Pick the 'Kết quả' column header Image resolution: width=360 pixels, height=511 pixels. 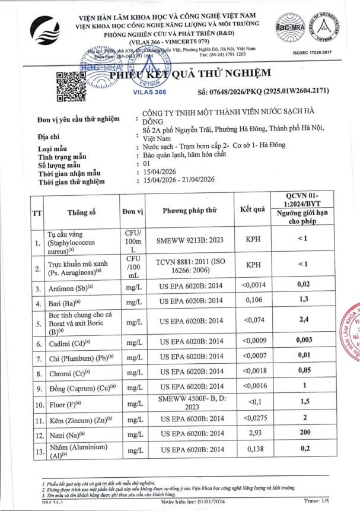click(252, 210)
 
